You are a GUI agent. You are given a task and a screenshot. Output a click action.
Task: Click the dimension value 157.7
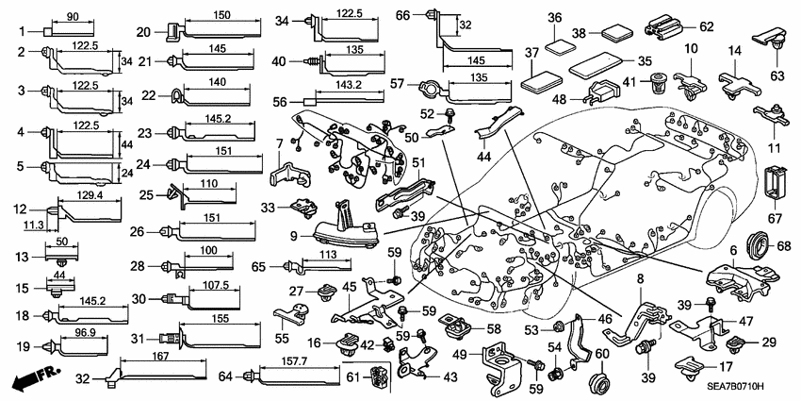click(x=289, y=362)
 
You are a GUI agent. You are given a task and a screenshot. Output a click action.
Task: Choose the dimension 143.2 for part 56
click(x=348, y=85)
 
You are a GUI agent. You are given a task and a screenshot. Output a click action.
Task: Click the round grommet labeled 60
click(x=595, y=382)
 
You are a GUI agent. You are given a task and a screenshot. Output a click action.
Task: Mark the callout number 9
click(x=294, y=235)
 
